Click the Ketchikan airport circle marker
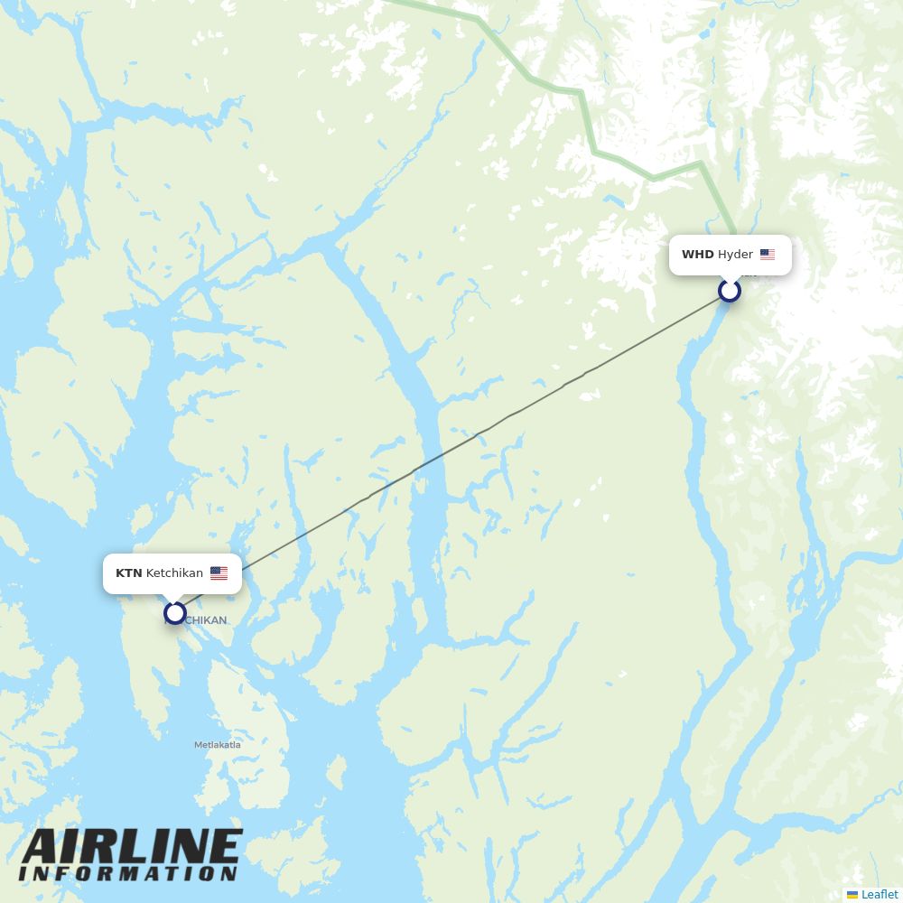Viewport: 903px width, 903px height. coord(175,613)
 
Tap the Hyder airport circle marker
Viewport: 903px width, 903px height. coord(730,291)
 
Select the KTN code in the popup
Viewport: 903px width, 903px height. coord(128,573)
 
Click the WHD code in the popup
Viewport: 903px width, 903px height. coord(697,255)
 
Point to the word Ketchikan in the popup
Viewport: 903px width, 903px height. coord(174,573)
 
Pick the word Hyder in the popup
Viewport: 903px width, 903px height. coord(735,255)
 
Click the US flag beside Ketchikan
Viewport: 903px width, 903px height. coord(219,573)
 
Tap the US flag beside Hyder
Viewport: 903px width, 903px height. coord(768,255)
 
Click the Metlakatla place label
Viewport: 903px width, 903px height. coord(218,745)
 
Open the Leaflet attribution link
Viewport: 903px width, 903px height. coord(880,894)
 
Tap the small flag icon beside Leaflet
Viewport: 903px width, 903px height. coord(852,894)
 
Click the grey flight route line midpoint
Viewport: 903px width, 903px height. coord(452,451)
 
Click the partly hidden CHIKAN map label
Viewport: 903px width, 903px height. coord(205,620)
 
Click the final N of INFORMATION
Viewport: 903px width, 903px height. coord(228,874)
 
